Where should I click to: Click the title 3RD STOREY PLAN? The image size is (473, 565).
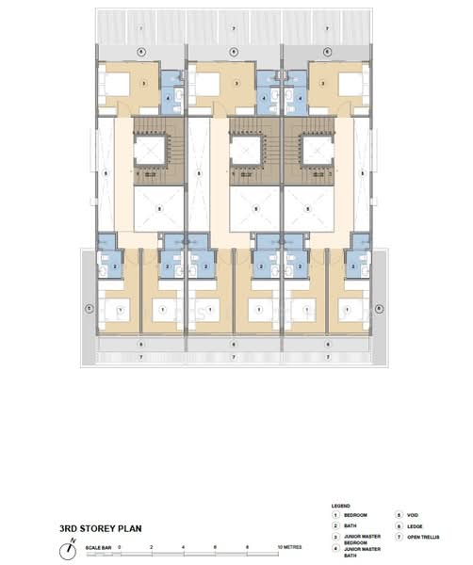[101, 528]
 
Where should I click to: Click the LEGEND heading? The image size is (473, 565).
[341, 507]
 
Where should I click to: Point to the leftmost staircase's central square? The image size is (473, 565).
[151, 149]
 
